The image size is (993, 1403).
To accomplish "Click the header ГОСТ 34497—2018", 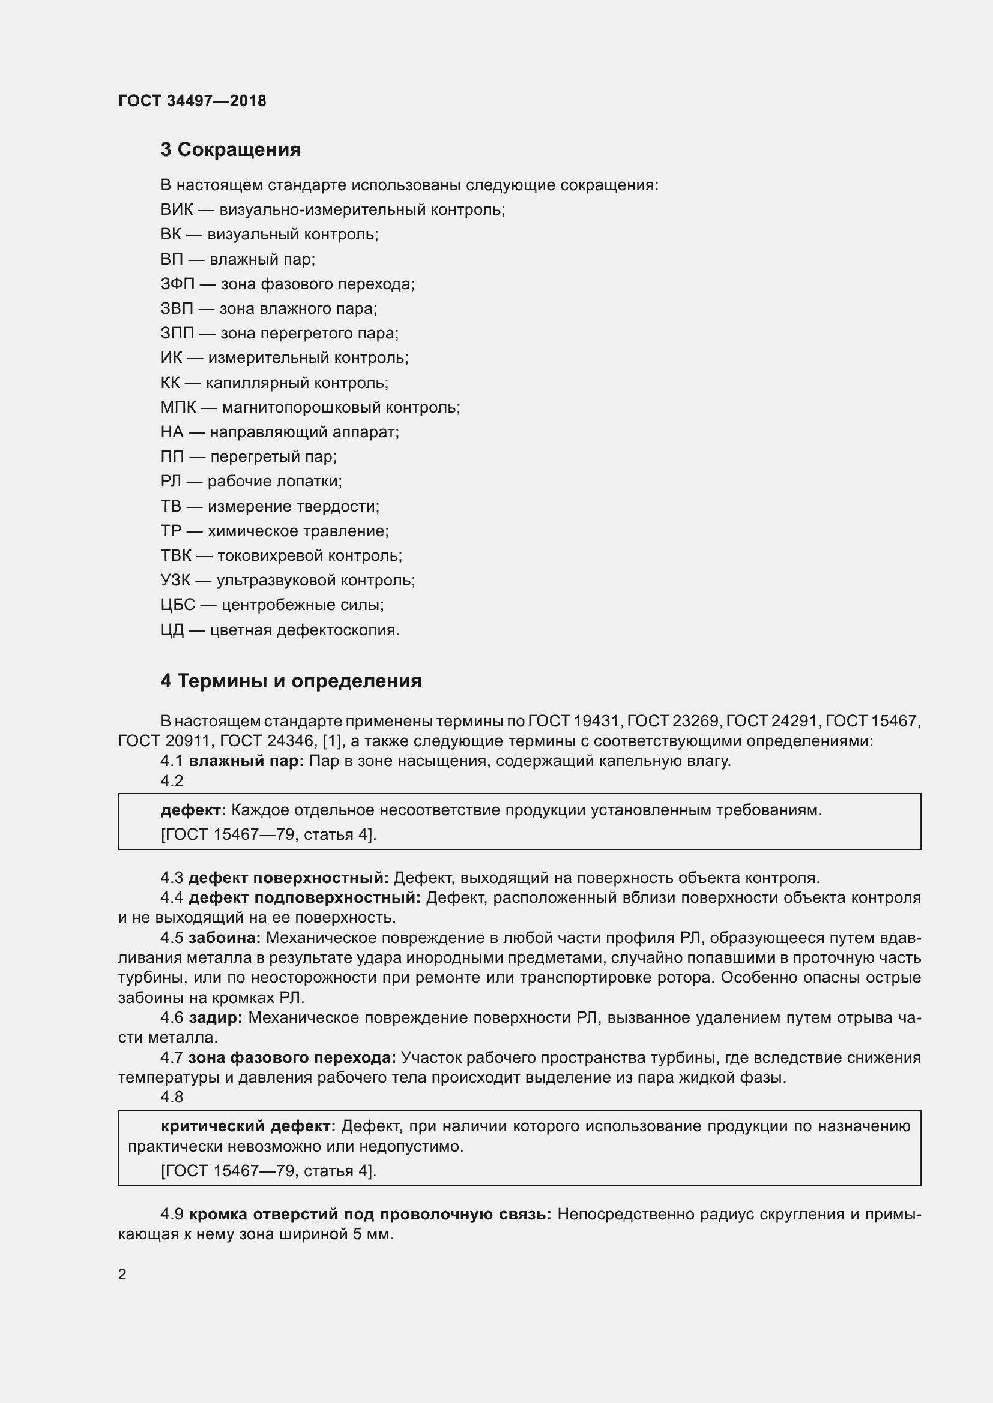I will (x=192, y=101).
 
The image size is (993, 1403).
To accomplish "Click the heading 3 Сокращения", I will (x=231, y=150).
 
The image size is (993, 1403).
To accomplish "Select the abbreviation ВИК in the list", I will (x=177, y=209).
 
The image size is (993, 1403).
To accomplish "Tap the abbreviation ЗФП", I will (x=177, y=284).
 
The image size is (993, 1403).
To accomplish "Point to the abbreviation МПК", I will (x=178, y=407).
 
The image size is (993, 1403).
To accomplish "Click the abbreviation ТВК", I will (x=176, y=555).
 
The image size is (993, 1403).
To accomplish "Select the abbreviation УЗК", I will (x=175, y=580).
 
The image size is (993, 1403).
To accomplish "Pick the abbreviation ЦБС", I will (x=178, y=605).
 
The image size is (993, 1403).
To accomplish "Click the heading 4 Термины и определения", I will (x=291, y=681).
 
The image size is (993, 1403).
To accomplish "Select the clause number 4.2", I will (x=172, y=781).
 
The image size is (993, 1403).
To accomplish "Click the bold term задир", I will (x=216, y=1017).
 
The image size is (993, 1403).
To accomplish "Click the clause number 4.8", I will (x=172, y=1097).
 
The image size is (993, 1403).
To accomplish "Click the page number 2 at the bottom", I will (x=122, y=1274).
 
